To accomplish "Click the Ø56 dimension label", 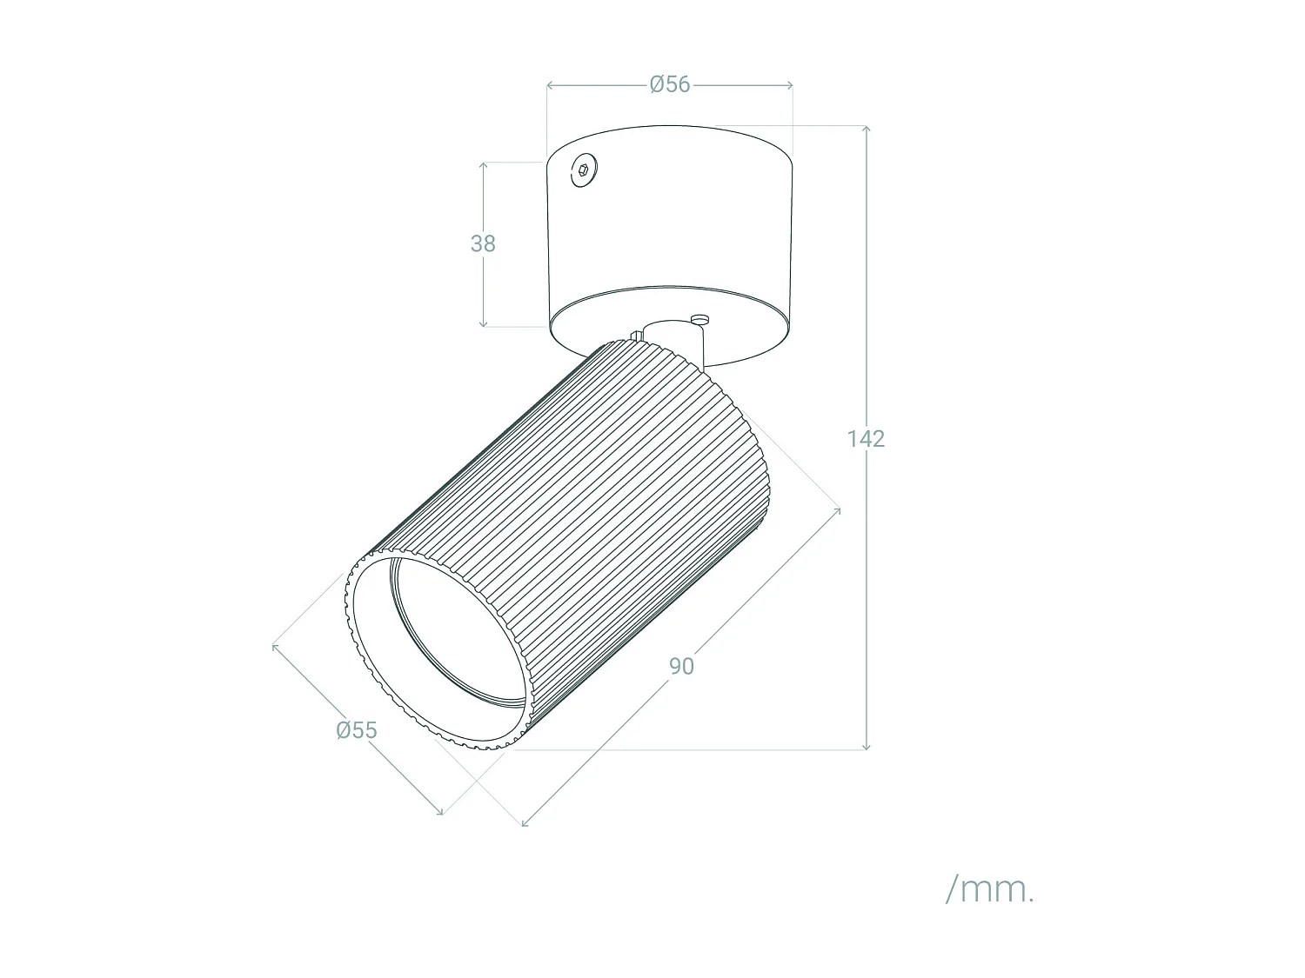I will [669, 84].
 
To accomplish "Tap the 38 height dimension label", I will [483, 244].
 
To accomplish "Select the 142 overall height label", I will [866, 439].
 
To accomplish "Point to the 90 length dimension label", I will [681, 666].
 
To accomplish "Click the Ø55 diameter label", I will [357, 730].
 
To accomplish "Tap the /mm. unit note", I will [990, 889].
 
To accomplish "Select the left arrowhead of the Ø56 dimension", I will [549, 85].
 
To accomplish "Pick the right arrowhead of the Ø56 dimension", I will [790, 85].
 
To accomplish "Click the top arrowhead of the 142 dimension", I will [867, 129].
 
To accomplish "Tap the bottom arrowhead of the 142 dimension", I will [867, 747].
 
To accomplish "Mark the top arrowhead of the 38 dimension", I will [485, 164].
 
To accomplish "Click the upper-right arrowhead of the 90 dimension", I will [837, 511].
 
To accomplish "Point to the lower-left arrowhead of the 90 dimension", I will [525, 822].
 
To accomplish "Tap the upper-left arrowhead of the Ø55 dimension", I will [275, 646].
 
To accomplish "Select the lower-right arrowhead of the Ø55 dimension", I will [440, 812].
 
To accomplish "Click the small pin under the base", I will [699, 319].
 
